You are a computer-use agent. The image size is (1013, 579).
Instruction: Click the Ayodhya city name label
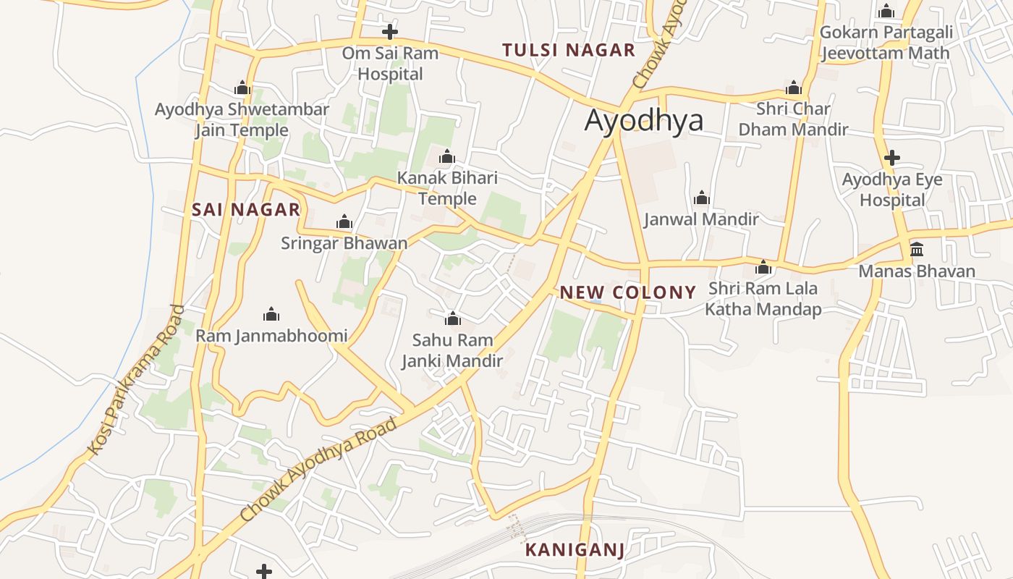[643, 120]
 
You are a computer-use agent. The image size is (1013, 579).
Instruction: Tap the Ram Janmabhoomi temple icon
[271, 314]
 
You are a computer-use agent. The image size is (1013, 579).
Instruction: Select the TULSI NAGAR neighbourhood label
[569, 50]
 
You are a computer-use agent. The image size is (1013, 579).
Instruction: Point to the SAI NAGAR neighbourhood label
[246, 210]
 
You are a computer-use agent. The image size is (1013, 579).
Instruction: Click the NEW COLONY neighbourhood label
[627, 292]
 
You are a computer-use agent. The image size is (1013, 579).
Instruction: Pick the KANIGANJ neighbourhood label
[575, 549]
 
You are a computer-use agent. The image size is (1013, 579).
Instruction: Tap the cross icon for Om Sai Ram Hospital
[390, 32]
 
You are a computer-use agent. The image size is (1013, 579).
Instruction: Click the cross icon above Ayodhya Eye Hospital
[892, 158]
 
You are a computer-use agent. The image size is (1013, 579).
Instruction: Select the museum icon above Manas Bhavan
[917, 250]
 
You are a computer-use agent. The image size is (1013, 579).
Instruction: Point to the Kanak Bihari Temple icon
[447, 156]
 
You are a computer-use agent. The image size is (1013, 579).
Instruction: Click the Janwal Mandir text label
[701, 219]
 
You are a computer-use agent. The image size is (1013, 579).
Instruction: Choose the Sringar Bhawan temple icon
[344, 221]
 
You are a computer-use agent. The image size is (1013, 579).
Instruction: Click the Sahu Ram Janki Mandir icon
[452, 318]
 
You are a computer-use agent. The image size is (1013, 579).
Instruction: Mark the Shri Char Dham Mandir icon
[794, 88]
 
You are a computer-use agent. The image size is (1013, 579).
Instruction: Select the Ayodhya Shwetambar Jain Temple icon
[242, 88]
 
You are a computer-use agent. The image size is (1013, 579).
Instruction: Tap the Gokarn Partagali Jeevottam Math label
[886, 43]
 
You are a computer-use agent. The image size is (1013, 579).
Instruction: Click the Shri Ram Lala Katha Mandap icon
[763, 267]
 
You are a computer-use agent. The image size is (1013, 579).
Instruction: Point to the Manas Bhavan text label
[917, 271]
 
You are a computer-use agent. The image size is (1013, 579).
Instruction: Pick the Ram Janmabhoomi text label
[271, 336]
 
